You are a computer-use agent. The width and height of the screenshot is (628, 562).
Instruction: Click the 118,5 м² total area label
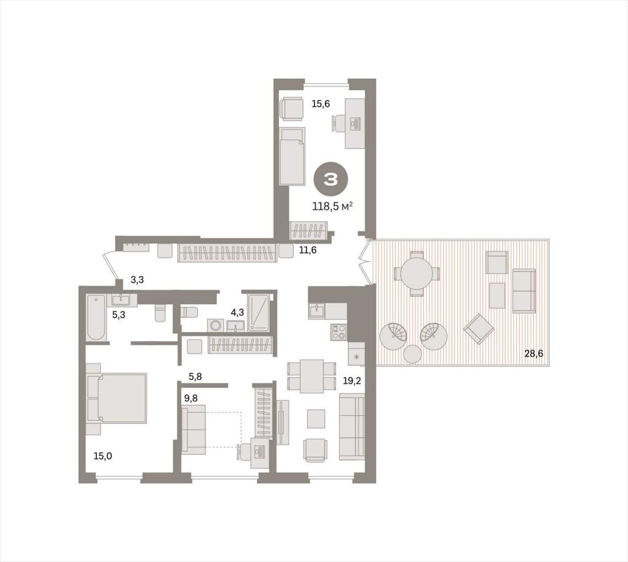(x=332, y=206)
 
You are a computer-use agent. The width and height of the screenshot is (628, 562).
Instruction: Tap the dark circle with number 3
(x=331, y=180)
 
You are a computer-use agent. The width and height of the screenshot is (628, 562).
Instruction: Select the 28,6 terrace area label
(x=534, y=353)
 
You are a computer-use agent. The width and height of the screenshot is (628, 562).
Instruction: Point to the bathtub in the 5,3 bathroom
(x=96, y=317)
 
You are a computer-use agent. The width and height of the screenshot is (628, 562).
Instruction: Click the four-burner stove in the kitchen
(x=339, y=332)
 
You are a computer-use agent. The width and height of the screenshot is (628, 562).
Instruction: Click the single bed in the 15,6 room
(x=292, y=156)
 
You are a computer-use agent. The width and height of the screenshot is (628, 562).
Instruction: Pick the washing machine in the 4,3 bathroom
(x=215, y=325)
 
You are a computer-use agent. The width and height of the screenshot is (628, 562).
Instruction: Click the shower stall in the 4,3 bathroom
(x=258, y=312)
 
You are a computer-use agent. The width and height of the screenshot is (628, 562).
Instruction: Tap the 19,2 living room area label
(x=351, y=380)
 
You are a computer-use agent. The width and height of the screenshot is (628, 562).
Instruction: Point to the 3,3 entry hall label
(x=137, y=280)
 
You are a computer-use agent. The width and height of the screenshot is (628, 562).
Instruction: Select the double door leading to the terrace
(x=364, y=262)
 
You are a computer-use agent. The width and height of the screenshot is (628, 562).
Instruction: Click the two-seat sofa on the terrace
(x=524, y=291)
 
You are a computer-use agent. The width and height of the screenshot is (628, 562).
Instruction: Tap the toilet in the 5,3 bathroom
(x=160, y=313)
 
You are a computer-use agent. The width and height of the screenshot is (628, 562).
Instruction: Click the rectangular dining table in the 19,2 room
(x=312, y=376)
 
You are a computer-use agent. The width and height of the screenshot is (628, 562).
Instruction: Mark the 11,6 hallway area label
(x=308, y=250)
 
